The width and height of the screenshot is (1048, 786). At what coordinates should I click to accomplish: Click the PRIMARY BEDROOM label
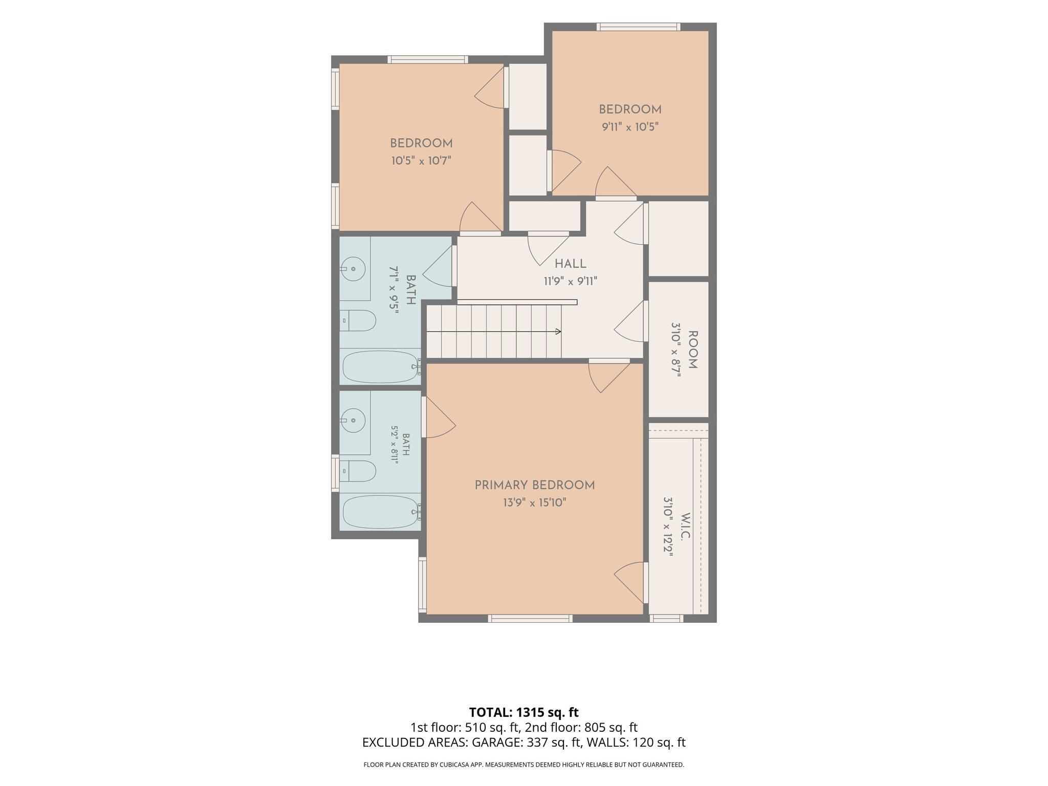[535, 485]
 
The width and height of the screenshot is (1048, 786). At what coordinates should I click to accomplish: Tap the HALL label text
[571, 264]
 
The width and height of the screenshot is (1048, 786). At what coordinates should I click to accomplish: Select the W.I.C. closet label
[686, 527]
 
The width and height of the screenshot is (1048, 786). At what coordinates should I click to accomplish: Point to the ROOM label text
[692, 350]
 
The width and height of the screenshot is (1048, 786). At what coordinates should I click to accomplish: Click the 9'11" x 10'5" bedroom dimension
[630, 126]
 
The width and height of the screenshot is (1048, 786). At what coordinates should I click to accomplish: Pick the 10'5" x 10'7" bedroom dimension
[421, 161]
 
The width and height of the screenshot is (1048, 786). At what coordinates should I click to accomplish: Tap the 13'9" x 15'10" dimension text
[534, 503]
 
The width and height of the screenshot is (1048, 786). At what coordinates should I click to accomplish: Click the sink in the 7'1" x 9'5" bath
[353, 269]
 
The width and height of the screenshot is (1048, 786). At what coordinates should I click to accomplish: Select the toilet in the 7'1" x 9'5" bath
[358, 320]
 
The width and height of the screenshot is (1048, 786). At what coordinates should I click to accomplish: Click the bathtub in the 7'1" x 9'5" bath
[382, 366]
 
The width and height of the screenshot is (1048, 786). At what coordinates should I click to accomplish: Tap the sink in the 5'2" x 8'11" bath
[353, 420]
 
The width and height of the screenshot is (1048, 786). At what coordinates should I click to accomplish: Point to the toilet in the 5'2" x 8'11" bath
[358, 471]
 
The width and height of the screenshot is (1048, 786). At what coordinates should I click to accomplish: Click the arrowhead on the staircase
[558, 332]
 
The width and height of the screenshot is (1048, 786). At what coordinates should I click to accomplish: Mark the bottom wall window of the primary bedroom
[530, 619]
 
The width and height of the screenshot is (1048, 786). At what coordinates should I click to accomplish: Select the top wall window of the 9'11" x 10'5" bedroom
[639, 27]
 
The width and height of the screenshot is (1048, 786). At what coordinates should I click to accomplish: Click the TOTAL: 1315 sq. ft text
[524, 712]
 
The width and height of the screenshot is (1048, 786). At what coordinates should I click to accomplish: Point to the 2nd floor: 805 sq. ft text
[581, 728]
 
